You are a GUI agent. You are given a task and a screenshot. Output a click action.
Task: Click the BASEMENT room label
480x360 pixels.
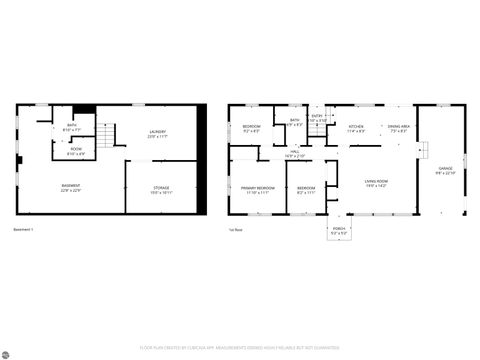pyautogui.click(x=71, y=187)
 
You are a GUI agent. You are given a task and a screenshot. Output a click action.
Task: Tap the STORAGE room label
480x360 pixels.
pyautogui.click(x=161, y=187)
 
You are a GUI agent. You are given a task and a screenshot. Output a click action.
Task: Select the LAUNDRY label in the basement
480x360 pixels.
pyautogui.click(x=158, y=132)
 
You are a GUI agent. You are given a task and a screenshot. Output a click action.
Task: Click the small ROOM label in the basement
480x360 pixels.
pyautogui.click(x=76, y=151)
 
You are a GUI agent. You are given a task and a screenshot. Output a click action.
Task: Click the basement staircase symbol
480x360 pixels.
pyautogui.click(x=105, y=137)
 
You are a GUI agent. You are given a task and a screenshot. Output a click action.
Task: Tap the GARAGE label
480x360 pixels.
pyautogui.click(x=445, y=170)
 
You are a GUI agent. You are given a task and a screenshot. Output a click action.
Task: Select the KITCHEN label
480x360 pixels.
pyautogui.click(x=355, y=128)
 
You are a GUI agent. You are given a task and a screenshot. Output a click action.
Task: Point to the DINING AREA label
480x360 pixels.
pyautogui.click(x=399, y=128)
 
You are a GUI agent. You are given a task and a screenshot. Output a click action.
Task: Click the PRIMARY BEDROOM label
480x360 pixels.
pyautogui.click(x=258, y=188)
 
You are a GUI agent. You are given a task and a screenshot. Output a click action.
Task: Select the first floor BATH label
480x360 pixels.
pyautogui.click(x=295, y=122)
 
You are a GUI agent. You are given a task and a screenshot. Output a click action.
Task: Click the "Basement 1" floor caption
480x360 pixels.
pyautogui.click(x=23, y=230)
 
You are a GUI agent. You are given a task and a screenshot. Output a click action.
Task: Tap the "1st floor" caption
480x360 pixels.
pyautogui.click(x=235, y=230)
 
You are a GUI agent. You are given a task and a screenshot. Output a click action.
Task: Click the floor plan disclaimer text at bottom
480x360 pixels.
pyautogui.click(x=240, y=349)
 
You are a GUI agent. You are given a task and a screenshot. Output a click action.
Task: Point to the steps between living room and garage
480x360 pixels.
pyautogui.click(x=423, y=149)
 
